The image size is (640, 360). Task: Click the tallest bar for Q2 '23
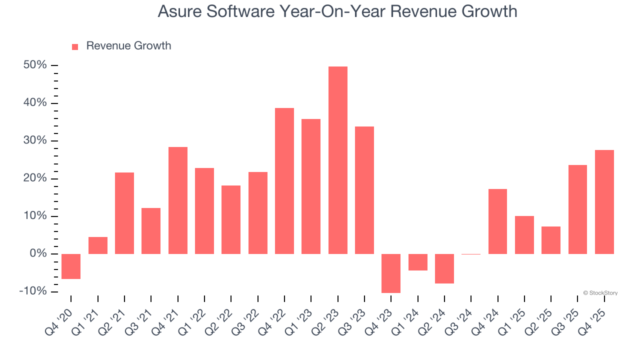pos(338,160)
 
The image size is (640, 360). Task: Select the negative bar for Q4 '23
pos(391,273)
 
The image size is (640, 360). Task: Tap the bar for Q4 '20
pos(71,266)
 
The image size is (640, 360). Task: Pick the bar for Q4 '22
pos(284,181)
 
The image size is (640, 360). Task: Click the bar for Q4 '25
pos(604,202)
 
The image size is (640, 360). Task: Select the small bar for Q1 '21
pos(98,245)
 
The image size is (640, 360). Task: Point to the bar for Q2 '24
pos(444,268)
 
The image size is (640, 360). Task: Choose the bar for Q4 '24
pos(497,221)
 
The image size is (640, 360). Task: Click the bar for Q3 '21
pos(151,231)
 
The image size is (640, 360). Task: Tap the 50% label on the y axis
pos(35,65)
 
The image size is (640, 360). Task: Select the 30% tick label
pos(35,141)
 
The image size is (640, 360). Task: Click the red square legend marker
pos(75,46)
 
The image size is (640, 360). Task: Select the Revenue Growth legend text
pos(128,46)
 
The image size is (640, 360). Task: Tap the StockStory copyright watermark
pos(600,293)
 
